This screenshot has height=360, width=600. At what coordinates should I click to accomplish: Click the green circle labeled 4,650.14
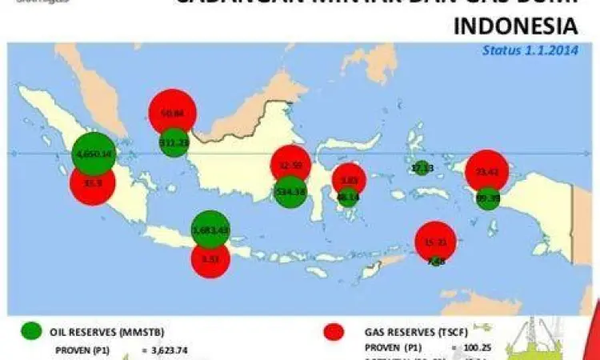click(x=93, y=153)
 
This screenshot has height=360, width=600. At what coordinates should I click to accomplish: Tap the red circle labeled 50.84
click(x=172, y=114)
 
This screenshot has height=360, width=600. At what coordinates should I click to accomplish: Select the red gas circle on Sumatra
click(x=93, y=183)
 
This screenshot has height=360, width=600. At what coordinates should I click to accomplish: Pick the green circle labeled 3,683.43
click(x=210, y=230)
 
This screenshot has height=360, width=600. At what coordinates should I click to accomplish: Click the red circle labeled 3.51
click(x=210, y=258)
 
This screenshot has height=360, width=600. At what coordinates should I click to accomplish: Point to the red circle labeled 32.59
click(x=290, y=165)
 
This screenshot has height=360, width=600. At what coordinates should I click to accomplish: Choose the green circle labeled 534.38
click(x=290, y=191)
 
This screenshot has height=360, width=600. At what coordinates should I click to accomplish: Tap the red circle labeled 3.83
click(x=349, y=180)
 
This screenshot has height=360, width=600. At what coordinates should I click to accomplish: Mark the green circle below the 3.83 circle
click(x=347, y=197)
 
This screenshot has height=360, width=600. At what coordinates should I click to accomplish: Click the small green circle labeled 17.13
click(x=422, y=168)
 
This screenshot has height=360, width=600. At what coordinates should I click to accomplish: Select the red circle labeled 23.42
click(x=487, y=171)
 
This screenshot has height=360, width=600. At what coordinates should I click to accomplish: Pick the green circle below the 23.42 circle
click(x=487, y=197)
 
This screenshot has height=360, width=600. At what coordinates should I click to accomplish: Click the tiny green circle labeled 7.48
click(x=436, y=261)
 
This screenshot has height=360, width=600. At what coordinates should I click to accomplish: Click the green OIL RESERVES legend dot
click(x=32, y=330)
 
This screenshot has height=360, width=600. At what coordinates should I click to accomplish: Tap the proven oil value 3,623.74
click(x=174, y=350)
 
